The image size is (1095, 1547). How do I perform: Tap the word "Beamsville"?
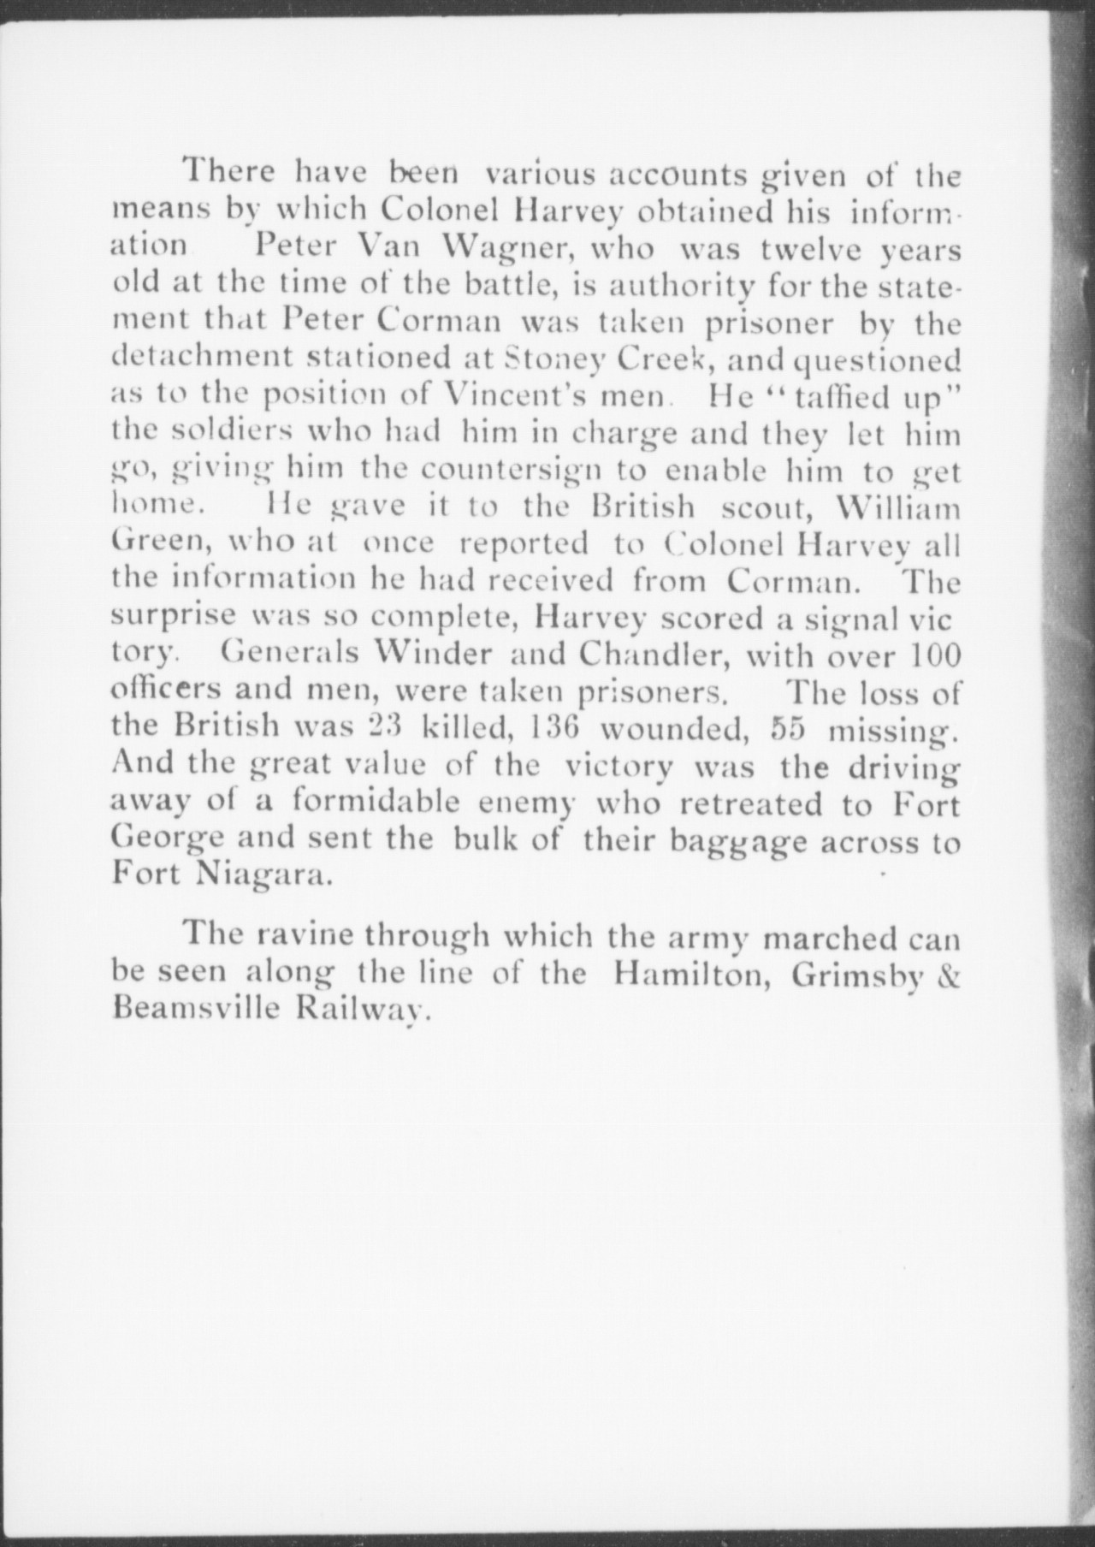(x=195, y=1008)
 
